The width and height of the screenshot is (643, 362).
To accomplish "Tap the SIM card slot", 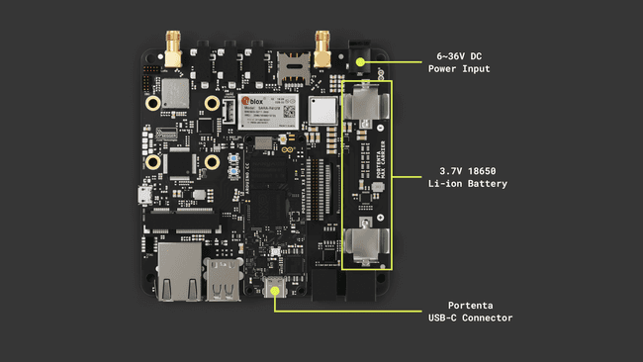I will (293, 66).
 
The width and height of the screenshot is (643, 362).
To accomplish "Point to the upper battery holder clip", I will (364, 103).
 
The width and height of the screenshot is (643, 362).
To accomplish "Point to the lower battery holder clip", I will (364, 245).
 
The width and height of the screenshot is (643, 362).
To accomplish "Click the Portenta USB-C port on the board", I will (274, 289).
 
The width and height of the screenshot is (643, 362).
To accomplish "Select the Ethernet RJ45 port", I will (178, 271).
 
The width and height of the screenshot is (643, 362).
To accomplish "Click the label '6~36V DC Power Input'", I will (458, 62).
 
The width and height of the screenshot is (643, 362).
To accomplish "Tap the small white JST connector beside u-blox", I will (226, 116).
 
